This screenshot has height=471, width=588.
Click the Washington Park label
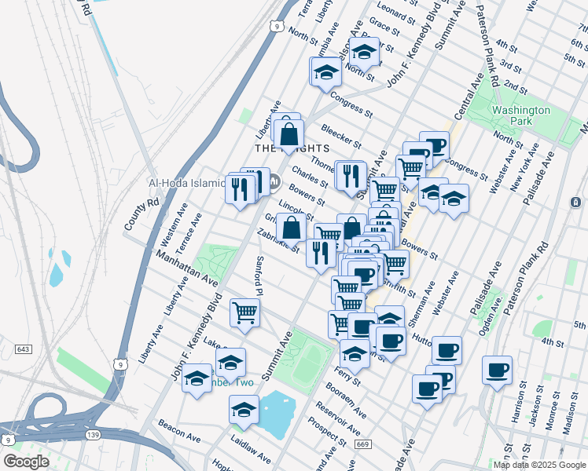click(521, 115)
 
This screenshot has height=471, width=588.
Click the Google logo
click(25, 462)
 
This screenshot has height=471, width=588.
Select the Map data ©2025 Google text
click(538, 465)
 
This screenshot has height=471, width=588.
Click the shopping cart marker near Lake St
click(244, 312)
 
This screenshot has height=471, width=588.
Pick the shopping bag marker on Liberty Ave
click(288, 132)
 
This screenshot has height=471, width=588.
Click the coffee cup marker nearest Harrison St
click(497, 370)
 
